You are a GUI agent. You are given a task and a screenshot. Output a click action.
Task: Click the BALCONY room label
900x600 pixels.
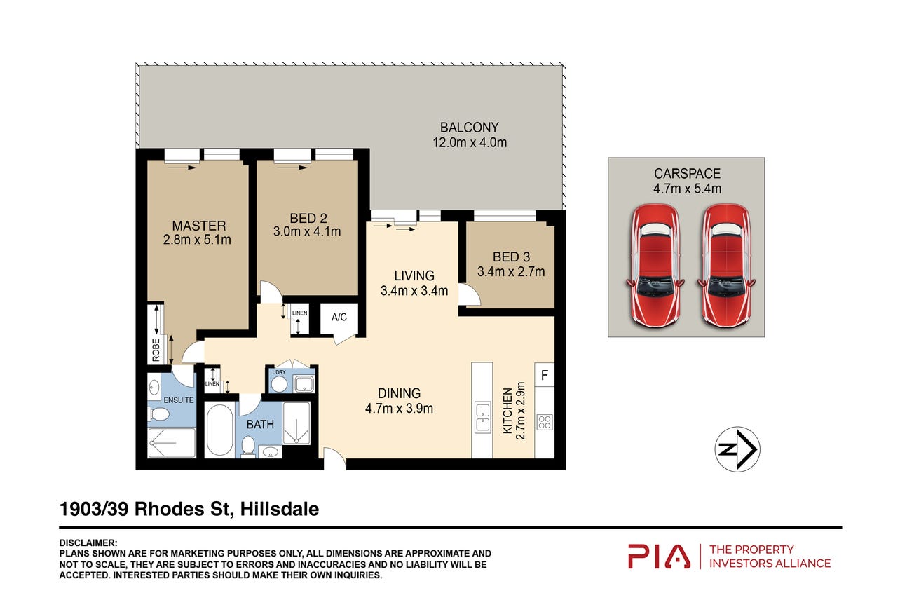(x=470, y=128)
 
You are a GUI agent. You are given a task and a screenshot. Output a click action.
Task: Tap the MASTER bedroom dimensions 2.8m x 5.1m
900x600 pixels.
(x=197, y=240)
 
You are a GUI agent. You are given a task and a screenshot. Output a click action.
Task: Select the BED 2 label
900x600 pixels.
(x=308, y=218)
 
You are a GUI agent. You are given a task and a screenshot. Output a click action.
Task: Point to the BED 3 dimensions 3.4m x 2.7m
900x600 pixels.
(x=511, y=272)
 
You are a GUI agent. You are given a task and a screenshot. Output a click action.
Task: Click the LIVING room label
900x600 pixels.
(x=414, y=275)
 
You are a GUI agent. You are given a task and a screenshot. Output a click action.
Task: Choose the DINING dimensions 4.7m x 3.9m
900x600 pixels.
(x=399, y=409)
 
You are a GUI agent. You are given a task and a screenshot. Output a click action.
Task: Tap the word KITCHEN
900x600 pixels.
(x=508, y=411)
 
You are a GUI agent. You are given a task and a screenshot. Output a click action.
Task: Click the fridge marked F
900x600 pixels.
(x=545, y=375)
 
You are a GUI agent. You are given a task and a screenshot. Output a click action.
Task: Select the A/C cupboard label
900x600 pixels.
(x=339, y=317)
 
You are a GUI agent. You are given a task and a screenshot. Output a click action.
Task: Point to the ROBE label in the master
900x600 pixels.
(x=156, y=350)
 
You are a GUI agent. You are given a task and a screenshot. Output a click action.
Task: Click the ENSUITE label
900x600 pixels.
(x=179, y=400)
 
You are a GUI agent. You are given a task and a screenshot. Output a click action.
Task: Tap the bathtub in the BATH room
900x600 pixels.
(x=219, y=430)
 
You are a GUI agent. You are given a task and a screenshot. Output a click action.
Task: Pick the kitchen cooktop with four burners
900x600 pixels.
(x=545, y=423)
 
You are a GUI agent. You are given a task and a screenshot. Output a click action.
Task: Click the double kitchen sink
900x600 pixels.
(x=482, y=418)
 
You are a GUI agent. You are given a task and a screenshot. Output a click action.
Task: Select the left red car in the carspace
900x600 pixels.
(x=655, y=265)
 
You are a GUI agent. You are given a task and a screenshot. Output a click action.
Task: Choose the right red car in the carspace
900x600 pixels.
(x=726, y=265)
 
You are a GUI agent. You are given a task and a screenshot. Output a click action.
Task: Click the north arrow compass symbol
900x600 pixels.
(x=737, y=449)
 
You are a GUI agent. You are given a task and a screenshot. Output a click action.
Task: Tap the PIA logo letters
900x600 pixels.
(x=659, y=557)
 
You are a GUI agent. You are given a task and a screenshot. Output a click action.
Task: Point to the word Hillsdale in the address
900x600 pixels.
(x=280, y=509)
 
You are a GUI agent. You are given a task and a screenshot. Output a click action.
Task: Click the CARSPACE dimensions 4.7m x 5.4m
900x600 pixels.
(x=687, y=189)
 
